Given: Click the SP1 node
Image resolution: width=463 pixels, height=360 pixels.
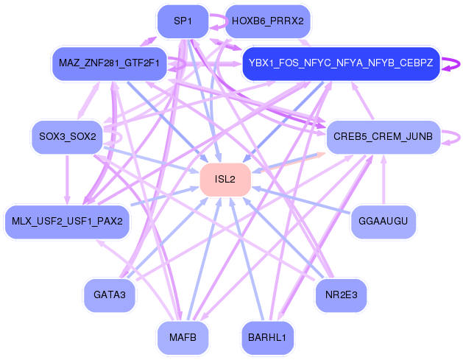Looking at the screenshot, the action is click(x=183, y=21).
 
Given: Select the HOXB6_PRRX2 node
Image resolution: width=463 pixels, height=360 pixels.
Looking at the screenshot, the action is click(x=267, y=21).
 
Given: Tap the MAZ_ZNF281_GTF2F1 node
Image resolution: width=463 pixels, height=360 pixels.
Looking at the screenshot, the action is click(x=109, y=63).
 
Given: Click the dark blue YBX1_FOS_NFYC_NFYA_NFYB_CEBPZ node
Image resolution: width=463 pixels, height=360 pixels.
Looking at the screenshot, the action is click(x=341, y=63).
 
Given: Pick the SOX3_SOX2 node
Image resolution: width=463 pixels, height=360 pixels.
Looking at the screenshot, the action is click(x=67, y=137).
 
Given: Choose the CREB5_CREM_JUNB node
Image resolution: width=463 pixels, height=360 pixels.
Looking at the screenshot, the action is click(x=384, y=137).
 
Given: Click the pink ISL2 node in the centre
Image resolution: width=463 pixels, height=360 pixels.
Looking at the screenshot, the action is click(x=225, y=179).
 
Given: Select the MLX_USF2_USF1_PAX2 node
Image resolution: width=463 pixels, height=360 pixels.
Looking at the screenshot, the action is click(x=67, y=221).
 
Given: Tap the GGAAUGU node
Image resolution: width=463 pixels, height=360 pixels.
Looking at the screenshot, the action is click(x=384, y=221).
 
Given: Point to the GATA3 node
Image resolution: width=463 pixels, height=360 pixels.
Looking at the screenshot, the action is click(x=109, y=294).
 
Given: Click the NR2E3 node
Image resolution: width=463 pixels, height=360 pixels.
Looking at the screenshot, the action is click(x=341, y=294).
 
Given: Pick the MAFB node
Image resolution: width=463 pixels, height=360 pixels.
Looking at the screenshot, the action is click(x=183, y=337).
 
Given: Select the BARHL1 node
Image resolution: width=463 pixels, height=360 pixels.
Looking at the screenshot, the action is click(x=267, y=337).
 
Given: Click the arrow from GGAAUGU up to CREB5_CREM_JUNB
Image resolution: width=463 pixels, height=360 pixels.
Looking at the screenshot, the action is click(x=384, y=180).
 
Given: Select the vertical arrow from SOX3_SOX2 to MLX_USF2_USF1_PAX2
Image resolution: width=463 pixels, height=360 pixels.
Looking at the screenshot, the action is click(x=67, y=180).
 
